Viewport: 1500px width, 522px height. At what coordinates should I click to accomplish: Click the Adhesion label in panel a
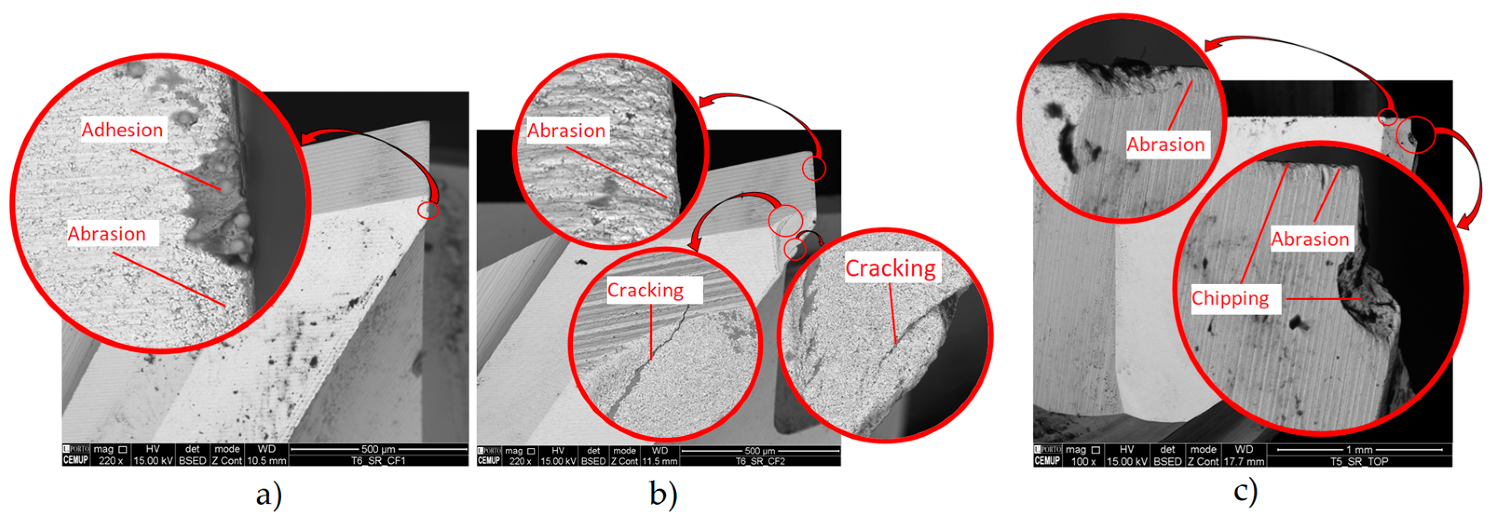click(x=122, y=130)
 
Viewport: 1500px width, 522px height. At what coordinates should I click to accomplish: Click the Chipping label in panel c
click(x=1230, y=299)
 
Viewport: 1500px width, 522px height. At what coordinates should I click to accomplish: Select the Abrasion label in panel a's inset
click(x=107, y=234)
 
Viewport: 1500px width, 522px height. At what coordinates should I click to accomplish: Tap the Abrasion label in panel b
click(x=566, y=131)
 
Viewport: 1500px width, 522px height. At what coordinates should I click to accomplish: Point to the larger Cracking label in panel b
click(x=890, y=268)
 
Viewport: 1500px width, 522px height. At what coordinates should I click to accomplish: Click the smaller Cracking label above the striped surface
click(x=645, y=290)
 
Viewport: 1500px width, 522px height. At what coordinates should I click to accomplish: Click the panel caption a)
click(x=269, y=495)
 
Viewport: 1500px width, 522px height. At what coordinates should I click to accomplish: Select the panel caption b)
click(x=663, y=495)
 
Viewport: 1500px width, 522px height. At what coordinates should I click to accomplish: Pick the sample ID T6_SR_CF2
click(x=760, y=462)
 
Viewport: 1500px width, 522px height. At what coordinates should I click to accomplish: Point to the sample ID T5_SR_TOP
click(x=1359, y=462)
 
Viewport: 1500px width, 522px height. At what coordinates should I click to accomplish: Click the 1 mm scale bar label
click(x=1359, y=450)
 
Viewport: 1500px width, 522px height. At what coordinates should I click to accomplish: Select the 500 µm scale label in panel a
click(x=378, y=449)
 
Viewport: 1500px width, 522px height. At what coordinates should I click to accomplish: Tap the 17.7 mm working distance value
click(x=1243, y=462)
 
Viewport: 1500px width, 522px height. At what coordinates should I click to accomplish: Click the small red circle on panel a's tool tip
click(x=428, y=210)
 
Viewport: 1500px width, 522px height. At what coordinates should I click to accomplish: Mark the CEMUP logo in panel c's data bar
click(x=1046, y=461)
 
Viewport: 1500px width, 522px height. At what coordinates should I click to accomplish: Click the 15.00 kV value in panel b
click(x=557, y=462)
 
